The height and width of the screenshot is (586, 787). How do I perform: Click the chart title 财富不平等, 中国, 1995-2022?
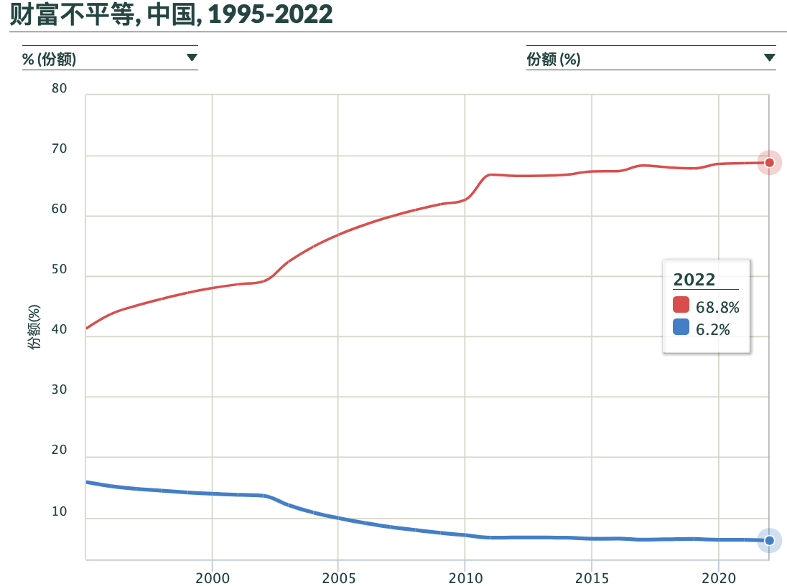171,14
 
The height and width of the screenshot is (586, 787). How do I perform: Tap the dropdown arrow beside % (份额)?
192,58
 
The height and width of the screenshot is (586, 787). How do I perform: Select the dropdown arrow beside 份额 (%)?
769,58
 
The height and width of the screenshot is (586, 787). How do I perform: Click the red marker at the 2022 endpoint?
769,163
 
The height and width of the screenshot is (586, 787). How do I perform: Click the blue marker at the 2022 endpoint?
769,540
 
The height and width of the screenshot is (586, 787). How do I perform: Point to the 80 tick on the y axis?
59,89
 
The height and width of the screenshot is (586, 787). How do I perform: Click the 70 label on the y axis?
59,150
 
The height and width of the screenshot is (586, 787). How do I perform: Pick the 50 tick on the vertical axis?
59,270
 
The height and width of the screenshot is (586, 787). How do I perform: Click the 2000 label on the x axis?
212,577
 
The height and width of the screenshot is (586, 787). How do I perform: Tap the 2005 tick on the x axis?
338,577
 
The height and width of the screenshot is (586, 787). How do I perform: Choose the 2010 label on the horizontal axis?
465,577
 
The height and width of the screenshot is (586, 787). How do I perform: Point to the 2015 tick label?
592,577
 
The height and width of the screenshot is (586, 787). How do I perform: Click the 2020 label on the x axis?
718,577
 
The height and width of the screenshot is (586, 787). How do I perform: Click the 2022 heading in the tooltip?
694,280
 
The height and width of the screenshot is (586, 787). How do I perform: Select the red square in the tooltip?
681,305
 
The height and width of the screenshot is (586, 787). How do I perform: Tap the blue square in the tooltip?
681,329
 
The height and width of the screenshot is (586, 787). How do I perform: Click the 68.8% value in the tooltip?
717,308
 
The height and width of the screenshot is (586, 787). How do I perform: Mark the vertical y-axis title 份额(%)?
34,326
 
